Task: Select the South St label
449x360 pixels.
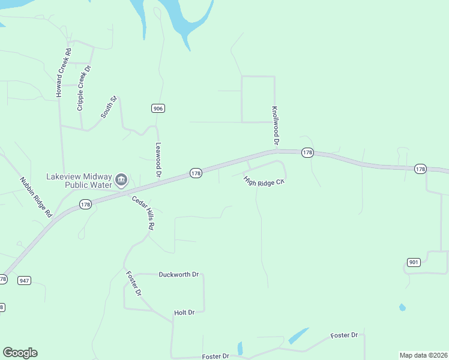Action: point(108,107)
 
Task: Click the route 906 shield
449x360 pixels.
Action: point(157,108)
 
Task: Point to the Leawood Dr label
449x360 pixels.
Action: point(159,158)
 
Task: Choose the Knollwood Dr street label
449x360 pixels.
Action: point(275,127)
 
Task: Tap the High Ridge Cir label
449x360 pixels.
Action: point(263,181)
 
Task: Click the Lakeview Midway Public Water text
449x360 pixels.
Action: point(79,181)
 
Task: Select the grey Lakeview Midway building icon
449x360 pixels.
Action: point(121,179)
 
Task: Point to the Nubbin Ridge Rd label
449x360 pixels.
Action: point(35,197)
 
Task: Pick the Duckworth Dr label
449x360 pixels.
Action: point(178,274)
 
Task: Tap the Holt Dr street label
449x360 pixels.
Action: point(184,313)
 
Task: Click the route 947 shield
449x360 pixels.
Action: point(24,280)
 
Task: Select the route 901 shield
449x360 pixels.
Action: point(413,262)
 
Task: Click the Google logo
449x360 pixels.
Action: point(20,353)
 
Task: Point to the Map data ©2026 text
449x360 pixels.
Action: point(423,355)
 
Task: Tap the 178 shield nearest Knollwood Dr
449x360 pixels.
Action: point(307,153)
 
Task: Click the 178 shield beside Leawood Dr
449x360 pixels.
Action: point(196,173)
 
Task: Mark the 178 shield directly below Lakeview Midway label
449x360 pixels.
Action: point(85,205)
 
